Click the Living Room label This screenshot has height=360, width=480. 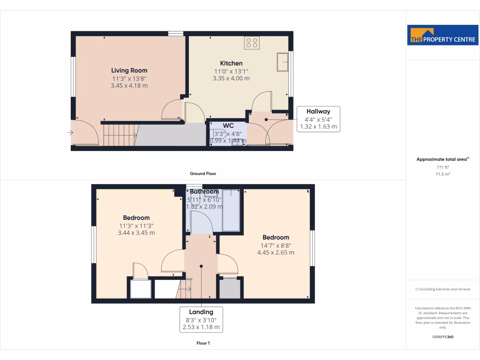point(129,70)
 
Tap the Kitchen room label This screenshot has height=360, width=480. point(231,63)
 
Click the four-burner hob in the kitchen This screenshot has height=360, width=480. point(252,43)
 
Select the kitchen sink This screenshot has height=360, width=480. point(282,62)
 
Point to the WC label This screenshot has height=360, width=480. point(228,126)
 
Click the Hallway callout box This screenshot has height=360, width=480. point(318,119)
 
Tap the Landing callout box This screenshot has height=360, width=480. point(201,319)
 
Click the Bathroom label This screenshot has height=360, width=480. point(204,192)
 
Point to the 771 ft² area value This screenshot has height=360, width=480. point(442,167)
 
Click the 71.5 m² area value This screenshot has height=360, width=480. point(442,174)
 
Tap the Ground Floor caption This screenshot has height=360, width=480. point(203,173)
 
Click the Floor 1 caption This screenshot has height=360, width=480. point(203,343)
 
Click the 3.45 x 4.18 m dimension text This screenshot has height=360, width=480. point(129,86)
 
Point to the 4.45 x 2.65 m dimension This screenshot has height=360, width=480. point(276,252)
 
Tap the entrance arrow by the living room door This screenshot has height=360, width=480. point(70,133)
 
